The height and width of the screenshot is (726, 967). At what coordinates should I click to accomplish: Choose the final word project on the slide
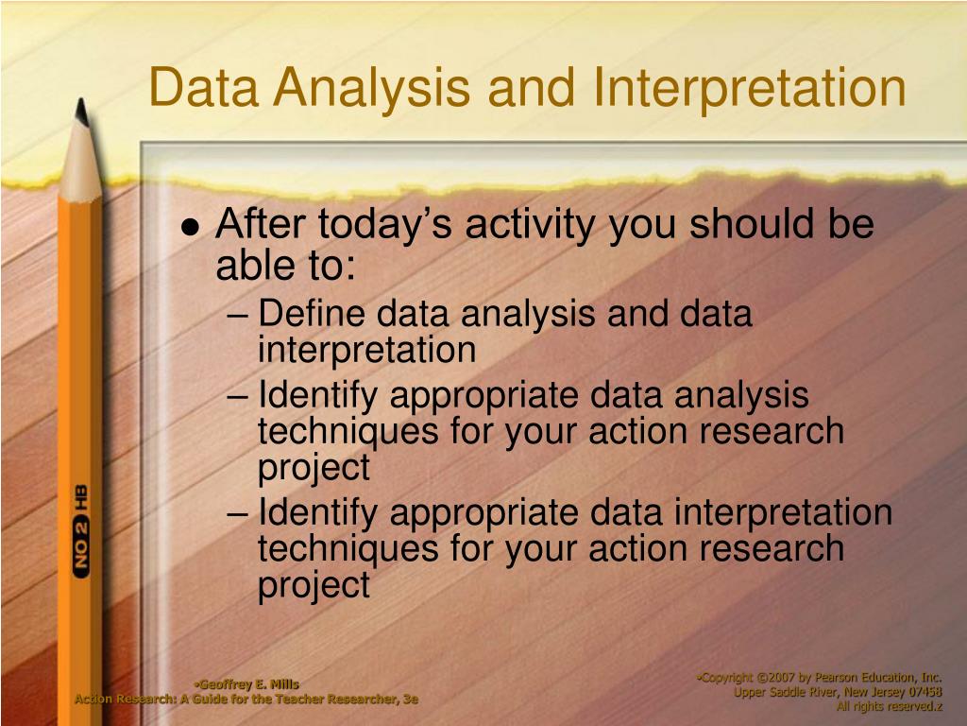[x=314, y=584]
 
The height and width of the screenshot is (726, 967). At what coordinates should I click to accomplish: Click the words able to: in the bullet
[x=285, y=268]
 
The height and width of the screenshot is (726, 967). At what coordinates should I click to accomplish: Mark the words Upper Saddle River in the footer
[x=780, y=691]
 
